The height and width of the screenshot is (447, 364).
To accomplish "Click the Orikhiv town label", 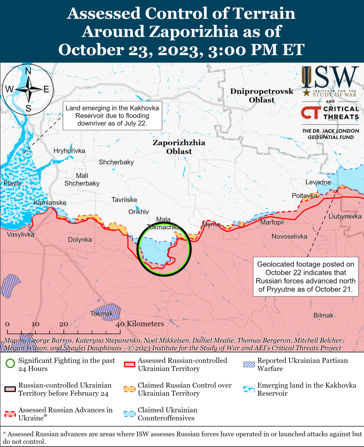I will [x=138, y=212].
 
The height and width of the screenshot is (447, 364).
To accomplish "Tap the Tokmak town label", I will [x=101, y=314].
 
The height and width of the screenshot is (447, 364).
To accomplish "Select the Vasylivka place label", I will [x=21, y=234].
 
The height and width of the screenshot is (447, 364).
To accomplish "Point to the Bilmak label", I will [x=323, y=315].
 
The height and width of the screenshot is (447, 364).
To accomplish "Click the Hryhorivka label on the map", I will [x=69, y=151].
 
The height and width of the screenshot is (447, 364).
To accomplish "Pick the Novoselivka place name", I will [x=289, y=236].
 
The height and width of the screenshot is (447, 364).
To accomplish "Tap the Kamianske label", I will [x=50, y=203].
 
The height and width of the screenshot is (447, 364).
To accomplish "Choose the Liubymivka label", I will [x=345, y=217].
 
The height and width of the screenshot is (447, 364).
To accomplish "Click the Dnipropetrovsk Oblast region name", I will [x=262, y=95].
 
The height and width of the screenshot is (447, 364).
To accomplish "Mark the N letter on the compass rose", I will [x=28, y=71].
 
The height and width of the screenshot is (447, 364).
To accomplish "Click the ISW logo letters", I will [x=330, y=77].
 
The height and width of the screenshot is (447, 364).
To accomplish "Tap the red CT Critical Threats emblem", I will [x=311, y=113].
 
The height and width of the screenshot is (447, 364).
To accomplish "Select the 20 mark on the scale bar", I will [x=64, y=324].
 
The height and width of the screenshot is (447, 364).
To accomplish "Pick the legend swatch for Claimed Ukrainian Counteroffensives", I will [x=130, y=414].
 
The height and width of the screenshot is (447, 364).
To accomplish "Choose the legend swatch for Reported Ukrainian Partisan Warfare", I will [x=249, y=364].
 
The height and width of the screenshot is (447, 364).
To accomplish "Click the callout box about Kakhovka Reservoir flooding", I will [x=112, y=116].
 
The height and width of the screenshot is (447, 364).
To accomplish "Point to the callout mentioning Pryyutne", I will [x=306, y=277].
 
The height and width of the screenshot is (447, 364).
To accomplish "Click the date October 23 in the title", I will [x=105, y=50].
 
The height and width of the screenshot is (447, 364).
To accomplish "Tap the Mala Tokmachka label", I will [x=163, y=223].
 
